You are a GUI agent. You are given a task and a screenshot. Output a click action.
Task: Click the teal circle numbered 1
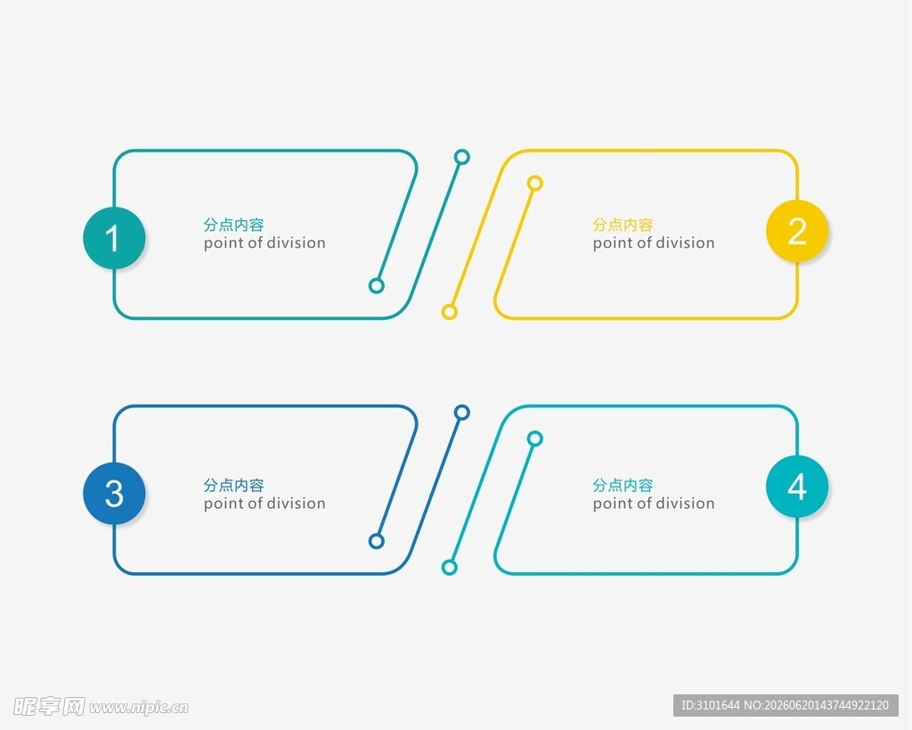pos(114,238)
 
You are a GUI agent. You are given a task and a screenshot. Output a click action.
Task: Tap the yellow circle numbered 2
pos(797,231)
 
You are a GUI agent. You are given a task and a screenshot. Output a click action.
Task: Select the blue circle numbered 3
pos(114,493)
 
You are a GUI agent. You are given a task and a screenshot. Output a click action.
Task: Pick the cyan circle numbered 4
pos(797,486)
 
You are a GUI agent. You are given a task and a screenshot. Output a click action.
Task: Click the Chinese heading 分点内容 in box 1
pos(234,225)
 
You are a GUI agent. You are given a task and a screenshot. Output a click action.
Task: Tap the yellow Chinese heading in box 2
pos(623,225)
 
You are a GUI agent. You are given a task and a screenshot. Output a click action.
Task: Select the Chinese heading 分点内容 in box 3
pos(234,485)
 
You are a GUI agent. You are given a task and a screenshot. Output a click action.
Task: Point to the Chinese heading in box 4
pos(623,485)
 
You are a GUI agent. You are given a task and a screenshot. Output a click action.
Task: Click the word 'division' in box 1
pos(297,242)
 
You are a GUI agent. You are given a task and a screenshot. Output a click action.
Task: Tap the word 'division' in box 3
pos(297,503)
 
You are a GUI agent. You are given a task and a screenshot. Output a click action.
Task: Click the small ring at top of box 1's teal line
pos(462,157)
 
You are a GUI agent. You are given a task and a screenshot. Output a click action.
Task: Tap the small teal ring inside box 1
pos(377,286)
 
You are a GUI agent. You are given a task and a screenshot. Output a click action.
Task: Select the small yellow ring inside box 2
pos(535,184)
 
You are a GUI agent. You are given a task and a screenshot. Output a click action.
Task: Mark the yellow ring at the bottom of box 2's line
pos(449,312)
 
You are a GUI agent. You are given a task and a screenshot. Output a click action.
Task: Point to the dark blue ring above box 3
pos(462,412)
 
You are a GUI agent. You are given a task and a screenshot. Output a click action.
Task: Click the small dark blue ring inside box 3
pos(377,541)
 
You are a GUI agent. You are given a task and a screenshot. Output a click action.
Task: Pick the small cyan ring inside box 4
pos(535,439)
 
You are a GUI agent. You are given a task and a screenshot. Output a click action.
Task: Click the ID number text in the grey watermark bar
pos(710,706)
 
